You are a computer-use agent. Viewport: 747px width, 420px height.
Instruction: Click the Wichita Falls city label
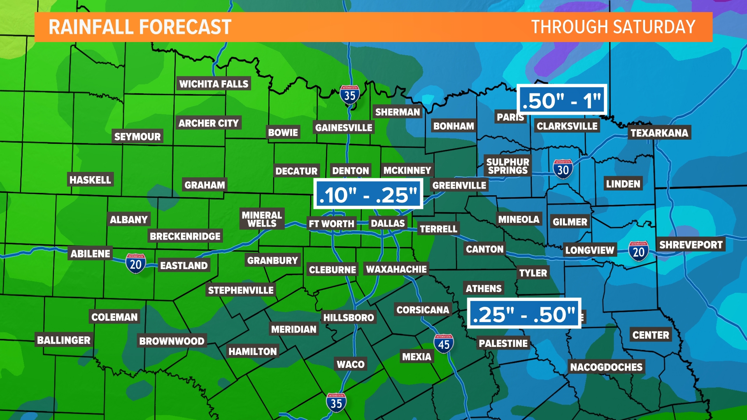(214, 84)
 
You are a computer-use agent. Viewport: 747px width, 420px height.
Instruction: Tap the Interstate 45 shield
(444, 344)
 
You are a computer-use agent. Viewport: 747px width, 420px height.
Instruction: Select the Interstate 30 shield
(563, 169)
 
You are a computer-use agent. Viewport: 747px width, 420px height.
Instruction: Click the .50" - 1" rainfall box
(562, 100)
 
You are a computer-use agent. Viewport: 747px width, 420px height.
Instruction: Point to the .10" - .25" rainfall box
(368, 194)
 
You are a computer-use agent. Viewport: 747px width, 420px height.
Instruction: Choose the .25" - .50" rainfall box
(524, 313)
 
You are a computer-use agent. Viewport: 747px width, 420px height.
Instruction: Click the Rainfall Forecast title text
(140, 27)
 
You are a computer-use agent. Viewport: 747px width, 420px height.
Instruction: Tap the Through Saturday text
(613, 27)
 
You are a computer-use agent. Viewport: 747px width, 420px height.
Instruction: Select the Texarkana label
(659, 133)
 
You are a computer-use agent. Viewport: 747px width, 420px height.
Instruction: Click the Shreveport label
(691, 245)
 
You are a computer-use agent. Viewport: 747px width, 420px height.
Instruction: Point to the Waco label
(351, 364)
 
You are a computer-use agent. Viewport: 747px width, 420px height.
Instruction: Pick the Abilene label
(90, 254)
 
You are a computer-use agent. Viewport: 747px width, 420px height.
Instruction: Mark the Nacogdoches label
(606, 367)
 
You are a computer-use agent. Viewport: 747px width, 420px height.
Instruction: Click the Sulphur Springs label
(508, 166)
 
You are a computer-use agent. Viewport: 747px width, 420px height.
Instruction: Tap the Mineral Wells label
(262, 219)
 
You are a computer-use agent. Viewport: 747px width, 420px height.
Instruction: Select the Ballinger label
(63, 340)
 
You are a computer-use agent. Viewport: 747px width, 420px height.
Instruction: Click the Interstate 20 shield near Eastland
(135, 264)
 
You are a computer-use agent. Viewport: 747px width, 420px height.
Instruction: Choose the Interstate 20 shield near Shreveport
(638, 251)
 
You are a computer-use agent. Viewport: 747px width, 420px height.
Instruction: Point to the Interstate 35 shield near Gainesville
(349, 94)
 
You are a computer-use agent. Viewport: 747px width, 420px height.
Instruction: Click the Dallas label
(388, 223)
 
